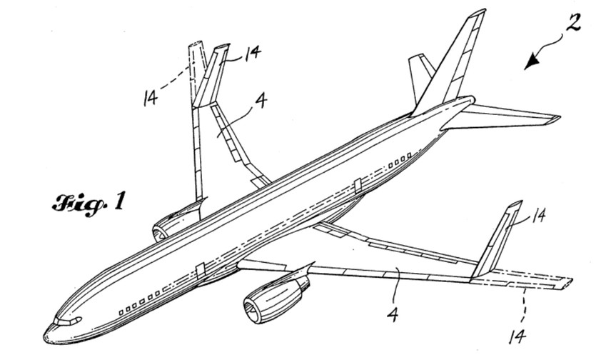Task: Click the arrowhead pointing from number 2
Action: pos(529,65)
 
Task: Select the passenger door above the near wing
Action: pos(355,187)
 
